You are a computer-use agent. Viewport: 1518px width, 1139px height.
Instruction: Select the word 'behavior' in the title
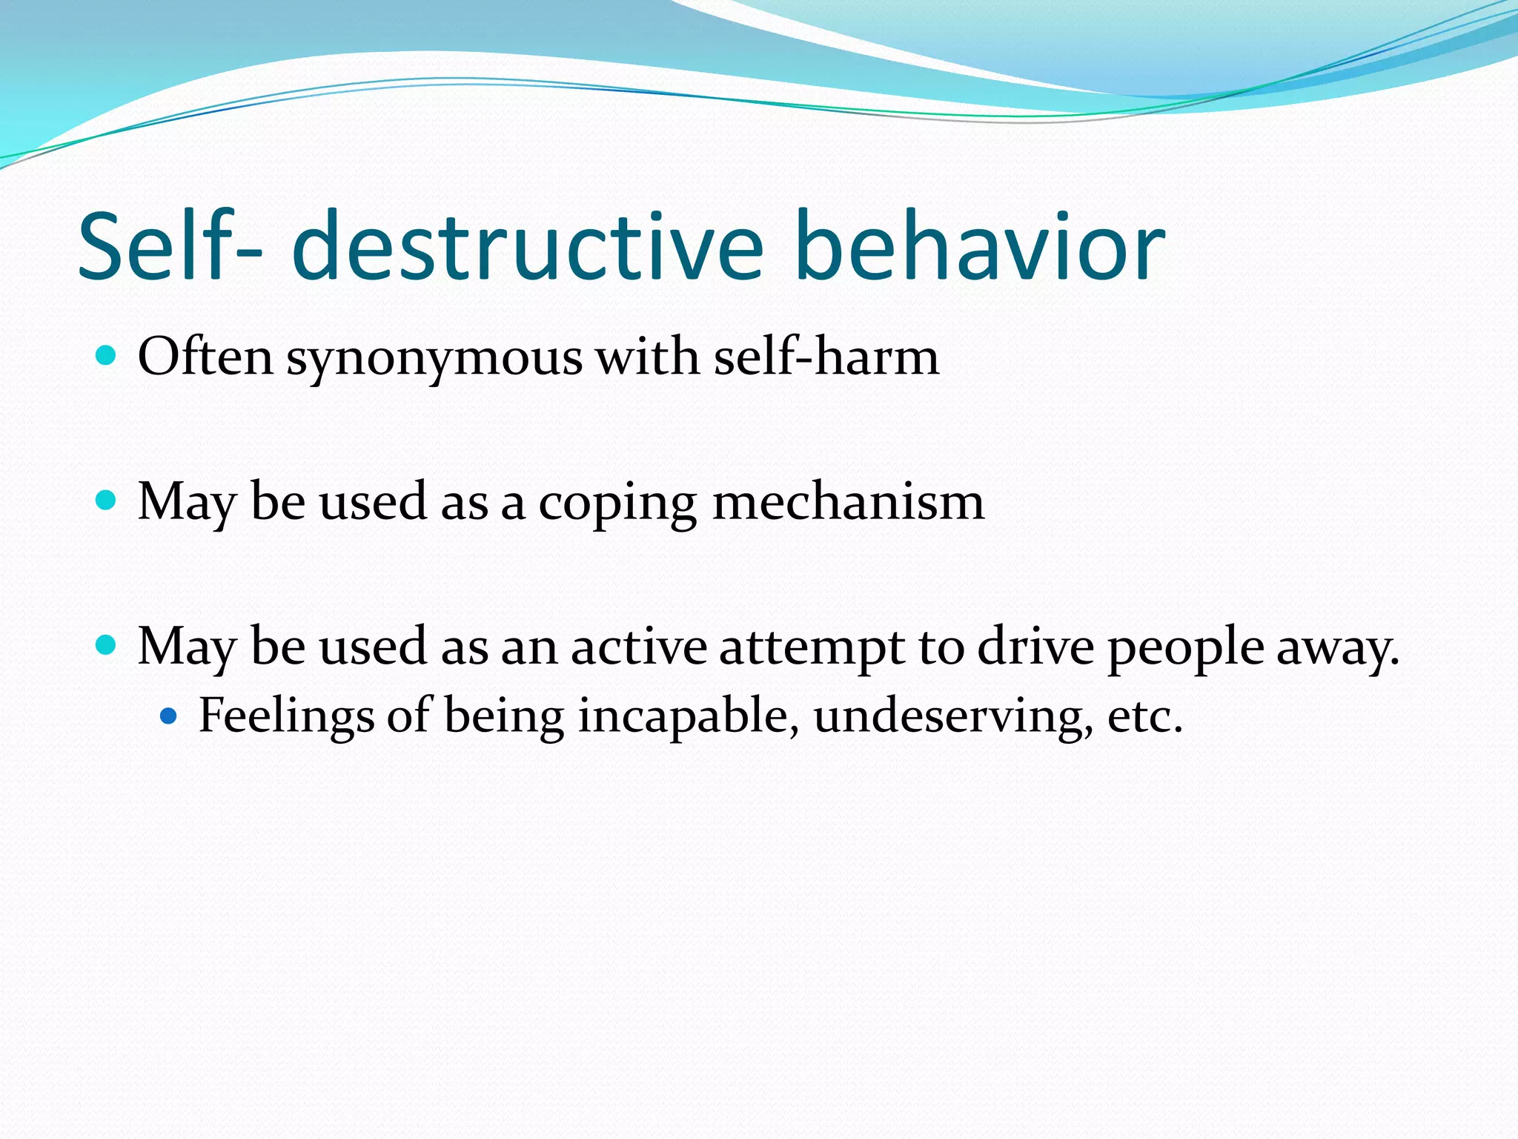tap(980, 246)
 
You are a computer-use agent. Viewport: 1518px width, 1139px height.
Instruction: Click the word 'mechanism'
tap(848, 502)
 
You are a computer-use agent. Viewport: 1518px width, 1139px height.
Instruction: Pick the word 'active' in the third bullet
tap(638, 647)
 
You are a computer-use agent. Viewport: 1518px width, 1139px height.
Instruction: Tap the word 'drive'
tap(1035, 647)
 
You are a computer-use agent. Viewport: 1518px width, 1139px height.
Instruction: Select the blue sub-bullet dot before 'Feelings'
tap(169, 716)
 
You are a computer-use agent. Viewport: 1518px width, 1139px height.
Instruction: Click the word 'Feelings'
tap(286, 718)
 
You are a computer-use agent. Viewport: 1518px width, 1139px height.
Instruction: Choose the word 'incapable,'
tap(689, 718)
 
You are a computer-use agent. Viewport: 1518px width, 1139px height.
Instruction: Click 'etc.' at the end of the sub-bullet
tap(1144, 718)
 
